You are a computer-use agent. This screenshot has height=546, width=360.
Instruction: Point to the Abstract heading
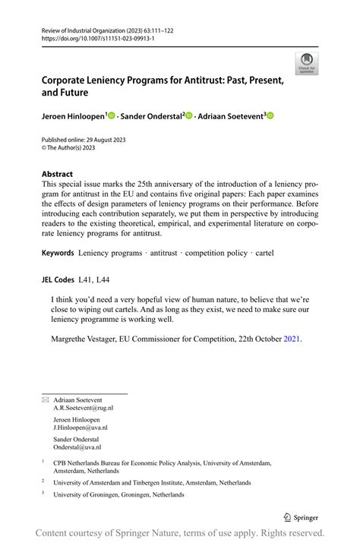pos(58,174)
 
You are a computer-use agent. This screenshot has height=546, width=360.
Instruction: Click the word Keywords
pos(58,251)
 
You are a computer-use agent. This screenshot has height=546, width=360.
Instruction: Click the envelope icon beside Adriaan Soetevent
pos(45,399)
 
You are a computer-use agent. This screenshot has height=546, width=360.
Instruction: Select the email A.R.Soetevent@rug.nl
pos(84,408)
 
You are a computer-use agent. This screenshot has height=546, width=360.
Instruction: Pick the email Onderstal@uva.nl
pos(81,448)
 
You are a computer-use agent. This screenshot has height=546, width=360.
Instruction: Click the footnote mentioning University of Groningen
pos(118,494)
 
